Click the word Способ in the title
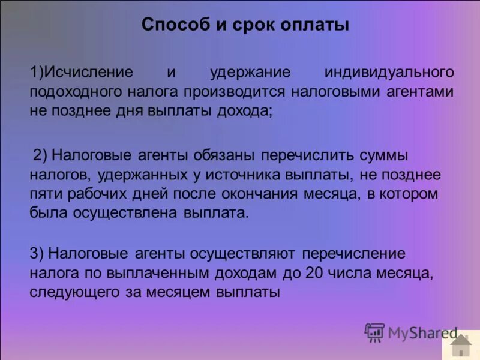[x=169, y=25]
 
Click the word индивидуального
[x=389, y=73]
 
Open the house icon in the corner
[x=461, y=346]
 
